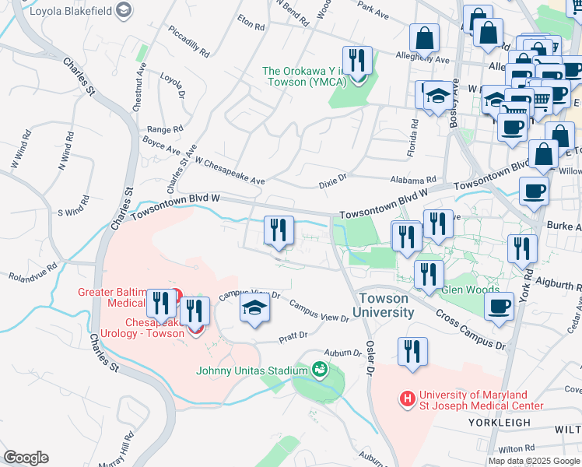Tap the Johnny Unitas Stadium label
[x=253, y=370]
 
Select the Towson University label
[x=383, y=305]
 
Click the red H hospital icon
[x=406, y=399]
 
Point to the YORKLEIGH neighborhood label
[x=510, y=423]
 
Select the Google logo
[x=26, y=458]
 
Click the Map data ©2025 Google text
[x=533, y=461]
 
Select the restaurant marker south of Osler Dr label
[x=412, y=351]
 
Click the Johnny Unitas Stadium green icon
[x=319, y=369]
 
